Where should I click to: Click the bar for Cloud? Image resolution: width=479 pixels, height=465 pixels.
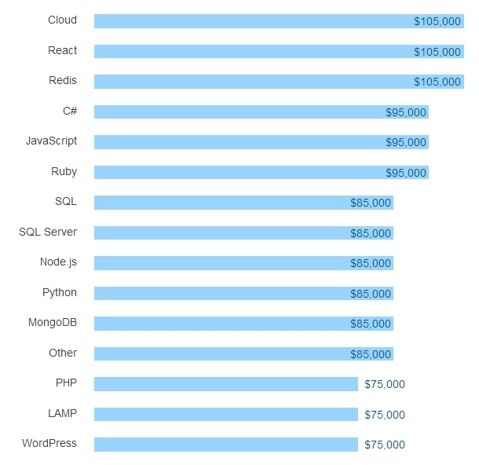point(251,21)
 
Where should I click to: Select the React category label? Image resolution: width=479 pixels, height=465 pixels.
point(63,50)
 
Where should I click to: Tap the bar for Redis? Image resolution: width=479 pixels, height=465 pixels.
point(251,82)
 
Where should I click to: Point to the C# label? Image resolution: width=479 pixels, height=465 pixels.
point(70,111)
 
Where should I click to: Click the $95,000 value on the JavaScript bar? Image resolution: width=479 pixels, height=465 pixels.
point(406,142)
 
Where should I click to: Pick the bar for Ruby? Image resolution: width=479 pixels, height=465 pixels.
point(236,172)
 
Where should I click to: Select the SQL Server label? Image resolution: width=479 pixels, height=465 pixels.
point(48,232)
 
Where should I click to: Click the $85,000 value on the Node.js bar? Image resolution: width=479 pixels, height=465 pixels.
point(371,263)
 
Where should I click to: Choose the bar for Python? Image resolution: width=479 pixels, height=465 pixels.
point(220,294)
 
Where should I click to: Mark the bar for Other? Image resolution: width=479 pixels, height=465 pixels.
point(220,354)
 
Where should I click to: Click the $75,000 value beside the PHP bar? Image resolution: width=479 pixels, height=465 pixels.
point(385,384)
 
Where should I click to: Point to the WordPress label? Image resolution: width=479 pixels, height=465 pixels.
point(49,443)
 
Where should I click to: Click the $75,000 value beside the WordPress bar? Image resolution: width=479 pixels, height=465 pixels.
point(385,445)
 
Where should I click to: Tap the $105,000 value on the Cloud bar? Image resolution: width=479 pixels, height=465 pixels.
point(437,22)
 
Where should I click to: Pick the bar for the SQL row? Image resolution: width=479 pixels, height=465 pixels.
point(220,203)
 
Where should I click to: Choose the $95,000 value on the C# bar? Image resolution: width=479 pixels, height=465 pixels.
point(406,112)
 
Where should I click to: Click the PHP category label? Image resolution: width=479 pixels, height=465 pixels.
point(66,383)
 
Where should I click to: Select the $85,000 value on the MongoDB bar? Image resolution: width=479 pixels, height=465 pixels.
point(371,324)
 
